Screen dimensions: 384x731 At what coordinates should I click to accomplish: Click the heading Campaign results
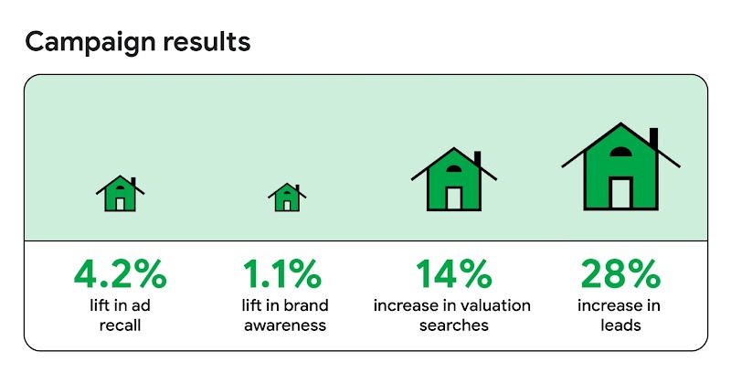point(137,42)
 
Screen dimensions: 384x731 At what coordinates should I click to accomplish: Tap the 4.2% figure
point(120,273)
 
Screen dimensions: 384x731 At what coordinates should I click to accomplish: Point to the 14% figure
point(452,273)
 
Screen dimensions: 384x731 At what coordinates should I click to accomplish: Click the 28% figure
point(620,273)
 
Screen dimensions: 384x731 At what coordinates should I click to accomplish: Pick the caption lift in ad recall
point(120,315)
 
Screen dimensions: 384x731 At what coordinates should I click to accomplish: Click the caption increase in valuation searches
point(452,315)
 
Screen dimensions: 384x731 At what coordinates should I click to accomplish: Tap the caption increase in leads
point(620,315)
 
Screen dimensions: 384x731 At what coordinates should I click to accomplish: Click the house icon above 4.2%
point(120,194)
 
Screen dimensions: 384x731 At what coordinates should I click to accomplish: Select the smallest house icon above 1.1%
point(286,196)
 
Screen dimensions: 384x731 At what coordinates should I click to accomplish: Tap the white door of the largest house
point(620,193)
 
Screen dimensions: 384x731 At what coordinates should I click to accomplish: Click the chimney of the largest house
point(652,139)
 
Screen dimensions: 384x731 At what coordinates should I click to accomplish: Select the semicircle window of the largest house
point(620,153)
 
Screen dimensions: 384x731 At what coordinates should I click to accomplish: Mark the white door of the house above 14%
point(452,197)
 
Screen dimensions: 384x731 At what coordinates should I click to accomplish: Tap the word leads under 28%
point(620,324)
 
